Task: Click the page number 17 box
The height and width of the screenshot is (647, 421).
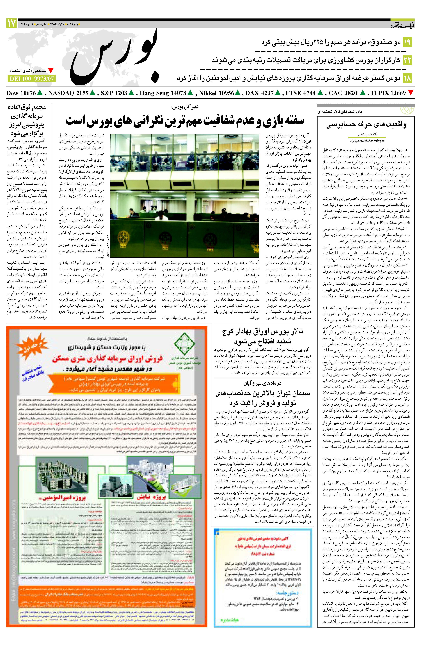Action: [x=11, y=24]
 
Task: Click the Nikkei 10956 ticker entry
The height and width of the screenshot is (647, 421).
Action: [x=219, y=93]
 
